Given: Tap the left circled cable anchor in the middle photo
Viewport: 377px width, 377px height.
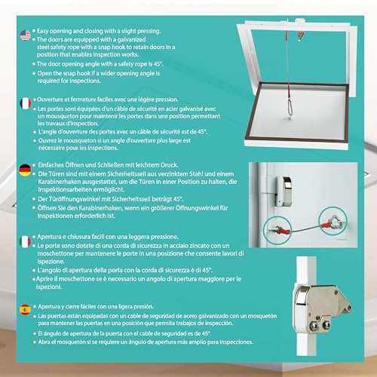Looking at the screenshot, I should pyautogui.click(x=269, y=224).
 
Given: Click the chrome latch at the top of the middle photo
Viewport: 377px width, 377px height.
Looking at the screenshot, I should pyautogui.click(x=287, y=185).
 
